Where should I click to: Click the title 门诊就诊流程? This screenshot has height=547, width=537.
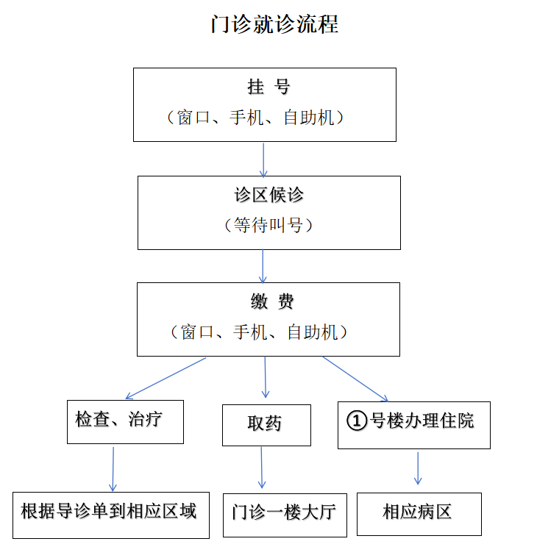coord(274,24)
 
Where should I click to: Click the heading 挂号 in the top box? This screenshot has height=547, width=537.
coord(268,87)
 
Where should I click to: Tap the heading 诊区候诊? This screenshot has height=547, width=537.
coord(268,195)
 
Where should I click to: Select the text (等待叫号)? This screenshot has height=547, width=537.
coord(268,225)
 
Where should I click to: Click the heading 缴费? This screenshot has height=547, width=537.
coord(272,301)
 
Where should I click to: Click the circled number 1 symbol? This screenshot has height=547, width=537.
coord(357,421)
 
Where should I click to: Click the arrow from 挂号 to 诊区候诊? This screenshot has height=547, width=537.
coord(263,160)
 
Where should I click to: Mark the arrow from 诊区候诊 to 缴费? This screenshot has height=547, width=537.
coord(263,266)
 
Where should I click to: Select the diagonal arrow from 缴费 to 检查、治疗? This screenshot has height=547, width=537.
coord(166,378)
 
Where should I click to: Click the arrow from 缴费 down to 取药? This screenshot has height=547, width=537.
coord(266,377)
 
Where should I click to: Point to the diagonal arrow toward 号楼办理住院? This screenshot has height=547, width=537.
coord(355,379)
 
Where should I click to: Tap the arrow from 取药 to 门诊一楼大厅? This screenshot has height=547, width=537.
coord(262,468)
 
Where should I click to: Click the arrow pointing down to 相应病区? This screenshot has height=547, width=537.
coord(418,468)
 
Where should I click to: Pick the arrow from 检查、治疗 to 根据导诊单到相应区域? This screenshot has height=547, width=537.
coord(113,469)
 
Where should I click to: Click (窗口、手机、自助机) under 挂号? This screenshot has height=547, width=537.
coord(255,117)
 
